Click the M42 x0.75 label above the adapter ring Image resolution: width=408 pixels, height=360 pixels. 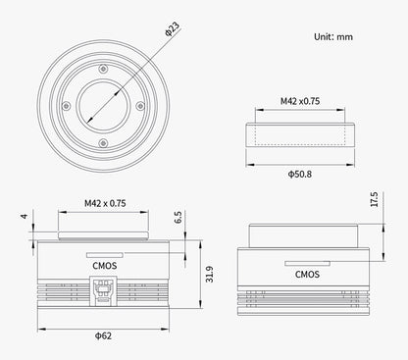click(x=301, y=100)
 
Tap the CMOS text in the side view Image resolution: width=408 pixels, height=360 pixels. click(x=305, y=275)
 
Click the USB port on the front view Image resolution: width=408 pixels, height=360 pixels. click(x=101, y=290)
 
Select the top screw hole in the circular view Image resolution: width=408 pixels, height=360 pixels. click(x=101, y=67)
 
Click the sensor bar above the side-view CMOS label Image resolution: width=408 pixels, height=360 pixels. click(x=304, y=263)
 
